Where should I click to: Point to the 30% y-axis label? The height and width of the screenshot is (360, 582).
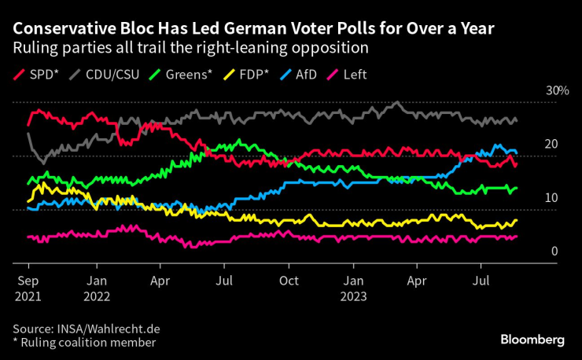(557, 91)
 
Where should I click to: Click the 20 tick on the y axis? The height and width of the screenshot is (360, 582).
(551, 145)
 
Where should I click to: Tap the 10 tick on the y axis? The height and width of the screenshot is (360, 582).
(551, 198)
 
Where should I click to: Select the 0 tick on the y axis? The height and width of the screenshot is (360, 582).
(554, 252)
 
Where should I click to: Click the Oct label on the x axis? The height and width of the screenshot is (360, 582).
(289, 280)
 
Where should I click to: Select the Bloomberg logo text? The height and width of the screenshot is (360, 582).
(533, 340)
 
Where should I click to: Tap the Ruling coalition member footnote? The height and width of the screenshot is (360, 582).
(87, 342)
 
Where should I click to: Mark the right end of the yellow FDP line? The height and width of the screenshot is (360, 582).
(516, 221)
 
